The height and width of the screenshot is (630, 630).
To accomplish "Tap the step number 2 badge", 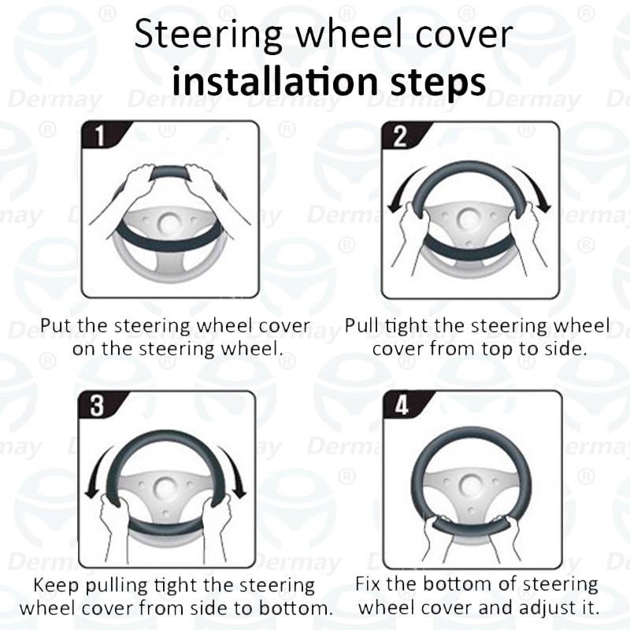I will pos(399,135).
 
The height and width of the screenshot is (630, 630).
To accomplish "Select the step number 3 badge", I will pos(98,406).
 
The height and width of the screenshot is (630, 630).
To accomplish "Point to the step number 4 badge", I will pos(400,406).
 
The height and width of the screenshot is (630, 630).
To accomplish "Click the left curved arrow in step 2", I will pos(398,189).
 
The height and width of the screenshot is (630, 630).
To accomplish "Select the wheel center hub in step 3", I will pos(165,487).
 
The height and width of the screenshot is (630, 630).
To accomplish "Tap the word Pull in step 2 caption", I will pos(362,325).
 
